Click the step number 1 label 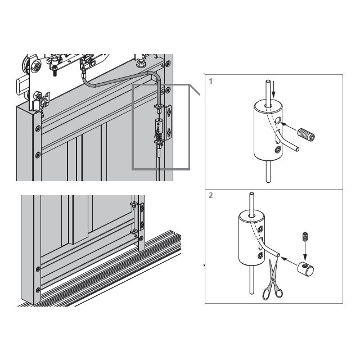[211, 81]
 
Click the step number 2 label [211, 195]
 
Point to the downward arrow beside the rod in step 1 [273, 89]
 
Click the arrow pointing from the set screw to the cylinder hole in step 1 [289, 127]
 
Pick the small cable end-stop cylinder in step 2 [306, 269]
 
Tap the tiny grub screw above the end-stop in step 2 [305, 237]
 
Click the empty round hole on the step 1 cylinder [277, 120]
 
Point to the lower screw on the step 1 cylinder [278, 150]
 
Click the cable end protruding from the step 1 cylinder [298, 148]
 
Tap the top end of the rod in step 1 [268, 81]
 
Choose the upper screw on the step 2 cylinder [260, 229]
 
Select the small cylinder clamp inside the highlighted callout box [159, 126]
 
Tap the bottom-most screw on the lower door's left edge [38, 290]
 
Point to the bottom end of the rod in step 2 [251, 292]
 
